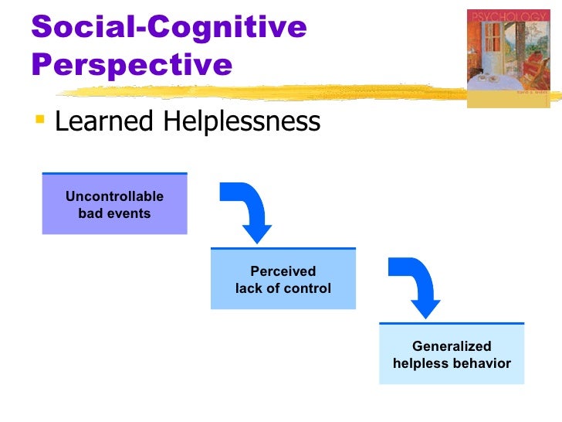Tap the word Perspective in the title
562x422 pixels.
pos(132,64)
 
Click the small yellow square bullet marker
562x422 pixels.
pos(40,120)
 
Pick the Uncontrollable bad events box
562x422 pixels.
pos(114,204)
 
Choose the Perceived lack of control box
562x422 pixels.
pos(283,279)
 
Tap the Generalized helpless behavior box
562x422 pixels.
pos(451,354)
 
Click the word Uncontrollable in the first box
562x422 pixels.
pos(114,196)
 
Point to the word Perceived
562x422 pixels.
pos(283,271)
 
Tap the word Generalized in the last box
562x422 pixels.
pos(452,346)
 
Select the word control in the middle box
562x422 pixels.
pos(308,288)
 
